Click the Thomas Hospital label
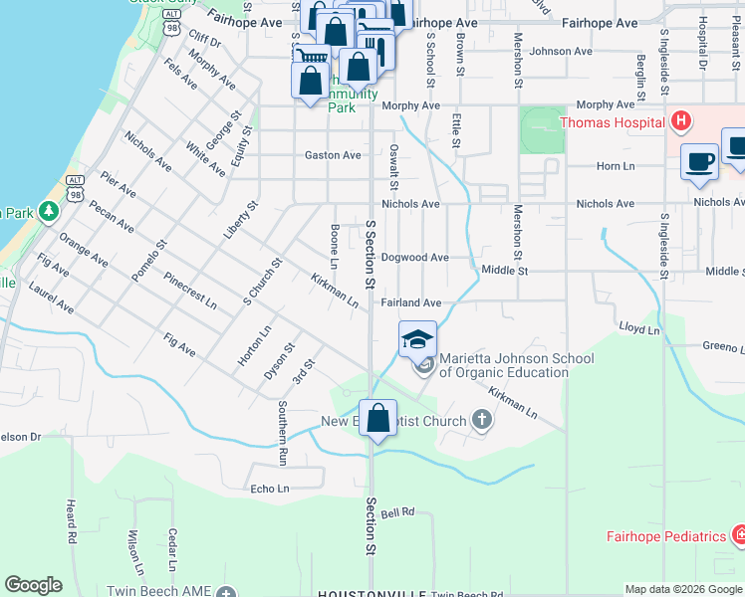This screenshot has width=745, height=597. tap(612, 123)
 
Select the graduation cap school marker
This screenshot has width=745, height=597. tap(418, 338)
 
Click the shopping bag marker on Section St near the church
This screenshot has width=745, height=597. tap(377, 420)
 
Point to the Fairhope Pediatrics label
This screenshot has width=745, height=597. tap(666, 536)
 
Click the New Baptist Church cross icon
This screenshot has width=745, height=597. tap(482, 421)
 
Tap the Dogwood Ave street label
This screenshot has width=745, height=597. tap(414, 257)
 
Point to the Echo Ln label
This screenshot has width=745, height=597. tap(269, 489)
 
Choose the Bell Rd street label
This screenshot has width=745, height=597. tap(396, 512)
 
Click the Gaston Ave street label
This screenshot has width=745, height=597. tap(333, 155)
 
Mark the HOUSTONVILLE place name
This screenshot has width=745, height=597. tap(364, 593)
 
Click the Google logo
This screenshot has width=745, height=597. tap(33, 585)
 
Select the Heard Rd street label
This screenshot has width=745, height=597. tap(72, 520)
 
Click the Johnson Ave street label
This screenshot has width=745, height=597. tap(562, 51)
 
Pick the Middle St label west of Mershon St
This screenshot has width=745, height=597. tap(503, 270)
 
